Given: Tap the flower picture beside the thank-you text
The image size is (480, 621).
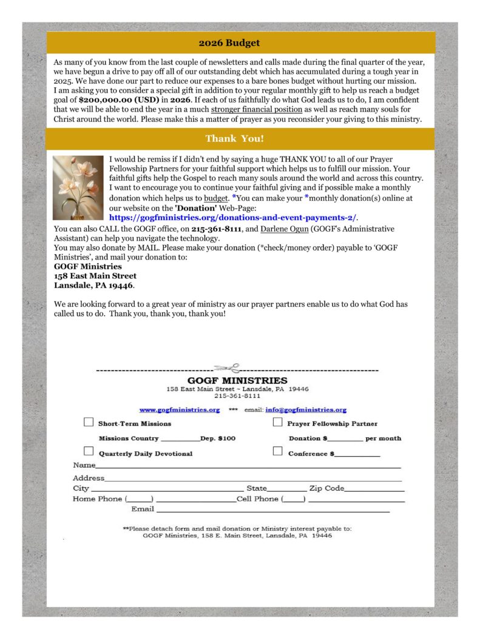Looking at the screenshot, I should tap(78, 188).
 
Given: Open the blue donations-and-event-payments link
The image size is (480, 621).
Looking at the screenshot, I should tap(233, 217).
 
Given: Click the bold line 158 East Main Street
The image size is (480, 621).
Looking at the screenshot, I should tap(95, 276).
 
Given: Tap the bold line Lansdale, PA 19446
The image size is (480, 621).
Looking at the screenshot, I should tap(94, 286).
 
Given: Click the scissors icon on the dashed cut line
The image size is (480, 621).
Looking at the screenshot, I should tap(227, 368).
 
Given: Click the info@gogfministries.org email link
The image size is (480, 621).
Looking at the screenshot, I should tap(306, 410).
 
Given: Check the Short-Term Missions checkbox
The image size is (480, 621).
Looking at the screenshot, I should tap(89, 423).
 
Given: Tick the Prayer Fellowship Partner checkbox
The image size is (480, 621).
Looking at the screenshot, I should tap(278, 423).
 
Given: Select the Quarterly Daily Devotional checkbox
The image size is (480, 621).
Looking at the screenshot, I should tap(89, 451).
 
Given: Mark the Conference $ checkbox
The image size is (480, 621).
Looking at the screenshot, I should tap(278, 451).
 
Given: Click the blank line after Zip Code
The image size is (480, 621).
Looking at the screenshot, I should tap(374, 489).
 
